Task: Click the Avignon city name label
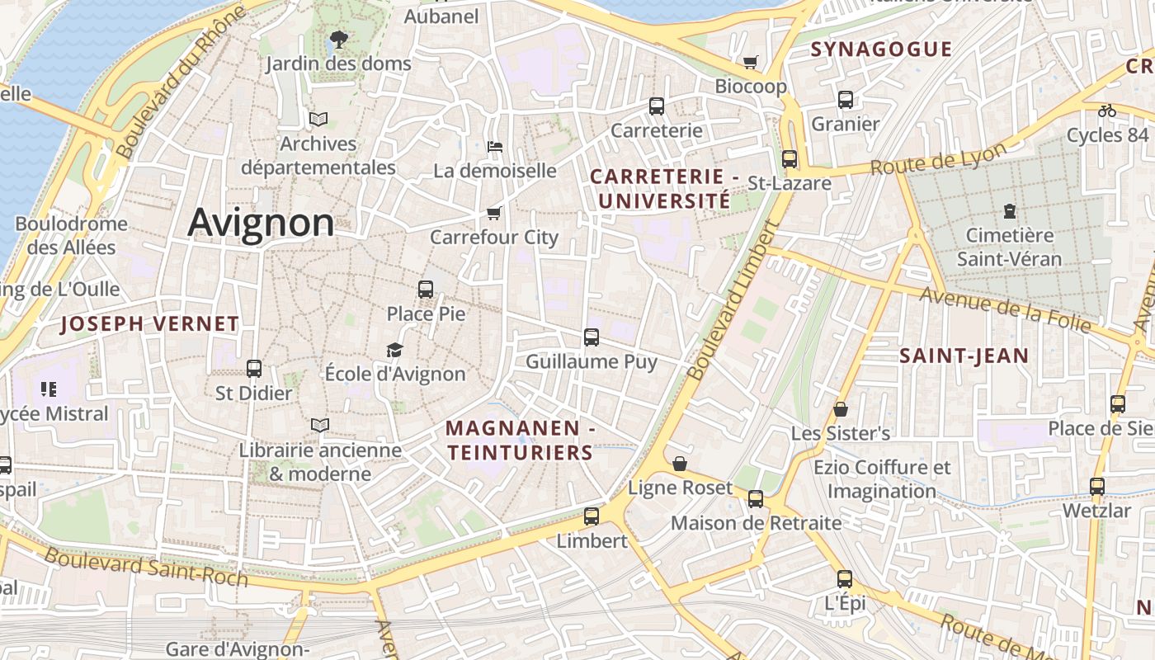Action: [x=261, y=223]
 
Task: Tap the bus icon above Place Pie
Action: [x=426, y=290]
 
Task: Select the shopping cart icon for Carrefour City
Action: [x=494, y=214]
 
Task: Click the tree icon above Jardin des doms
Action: [x=337, y=39]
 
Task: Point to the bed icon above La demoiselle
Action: [x=495, y=147]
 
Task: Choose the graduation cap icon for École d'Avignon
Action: [x=395, y=350]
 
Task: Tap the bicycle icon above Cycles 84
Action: [x=1106, y=111]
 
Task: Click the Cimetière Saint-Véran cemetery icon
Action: [x=1010, y=211]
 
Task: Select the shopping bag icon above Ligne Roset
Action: [x=679, y=464]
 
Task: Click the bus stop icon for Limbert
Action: [x=592, y=516]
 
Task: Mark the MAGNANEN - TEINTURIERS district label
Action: [x=520, y=441]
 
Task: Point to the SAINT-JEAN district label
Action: [x=964, y=356]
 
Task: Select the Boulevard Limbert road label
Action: [x=733, y=303]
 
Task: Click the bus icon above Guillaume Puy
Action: [x=592, y=337]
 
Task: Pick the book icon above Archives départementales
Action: [x=318, y=119]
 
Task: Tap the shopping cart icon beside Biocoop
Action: [x=750, y=62]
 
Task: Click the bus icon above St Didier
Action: [x=254, y=369]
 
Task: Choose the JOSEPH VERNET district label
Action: [x=149, y=324]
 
